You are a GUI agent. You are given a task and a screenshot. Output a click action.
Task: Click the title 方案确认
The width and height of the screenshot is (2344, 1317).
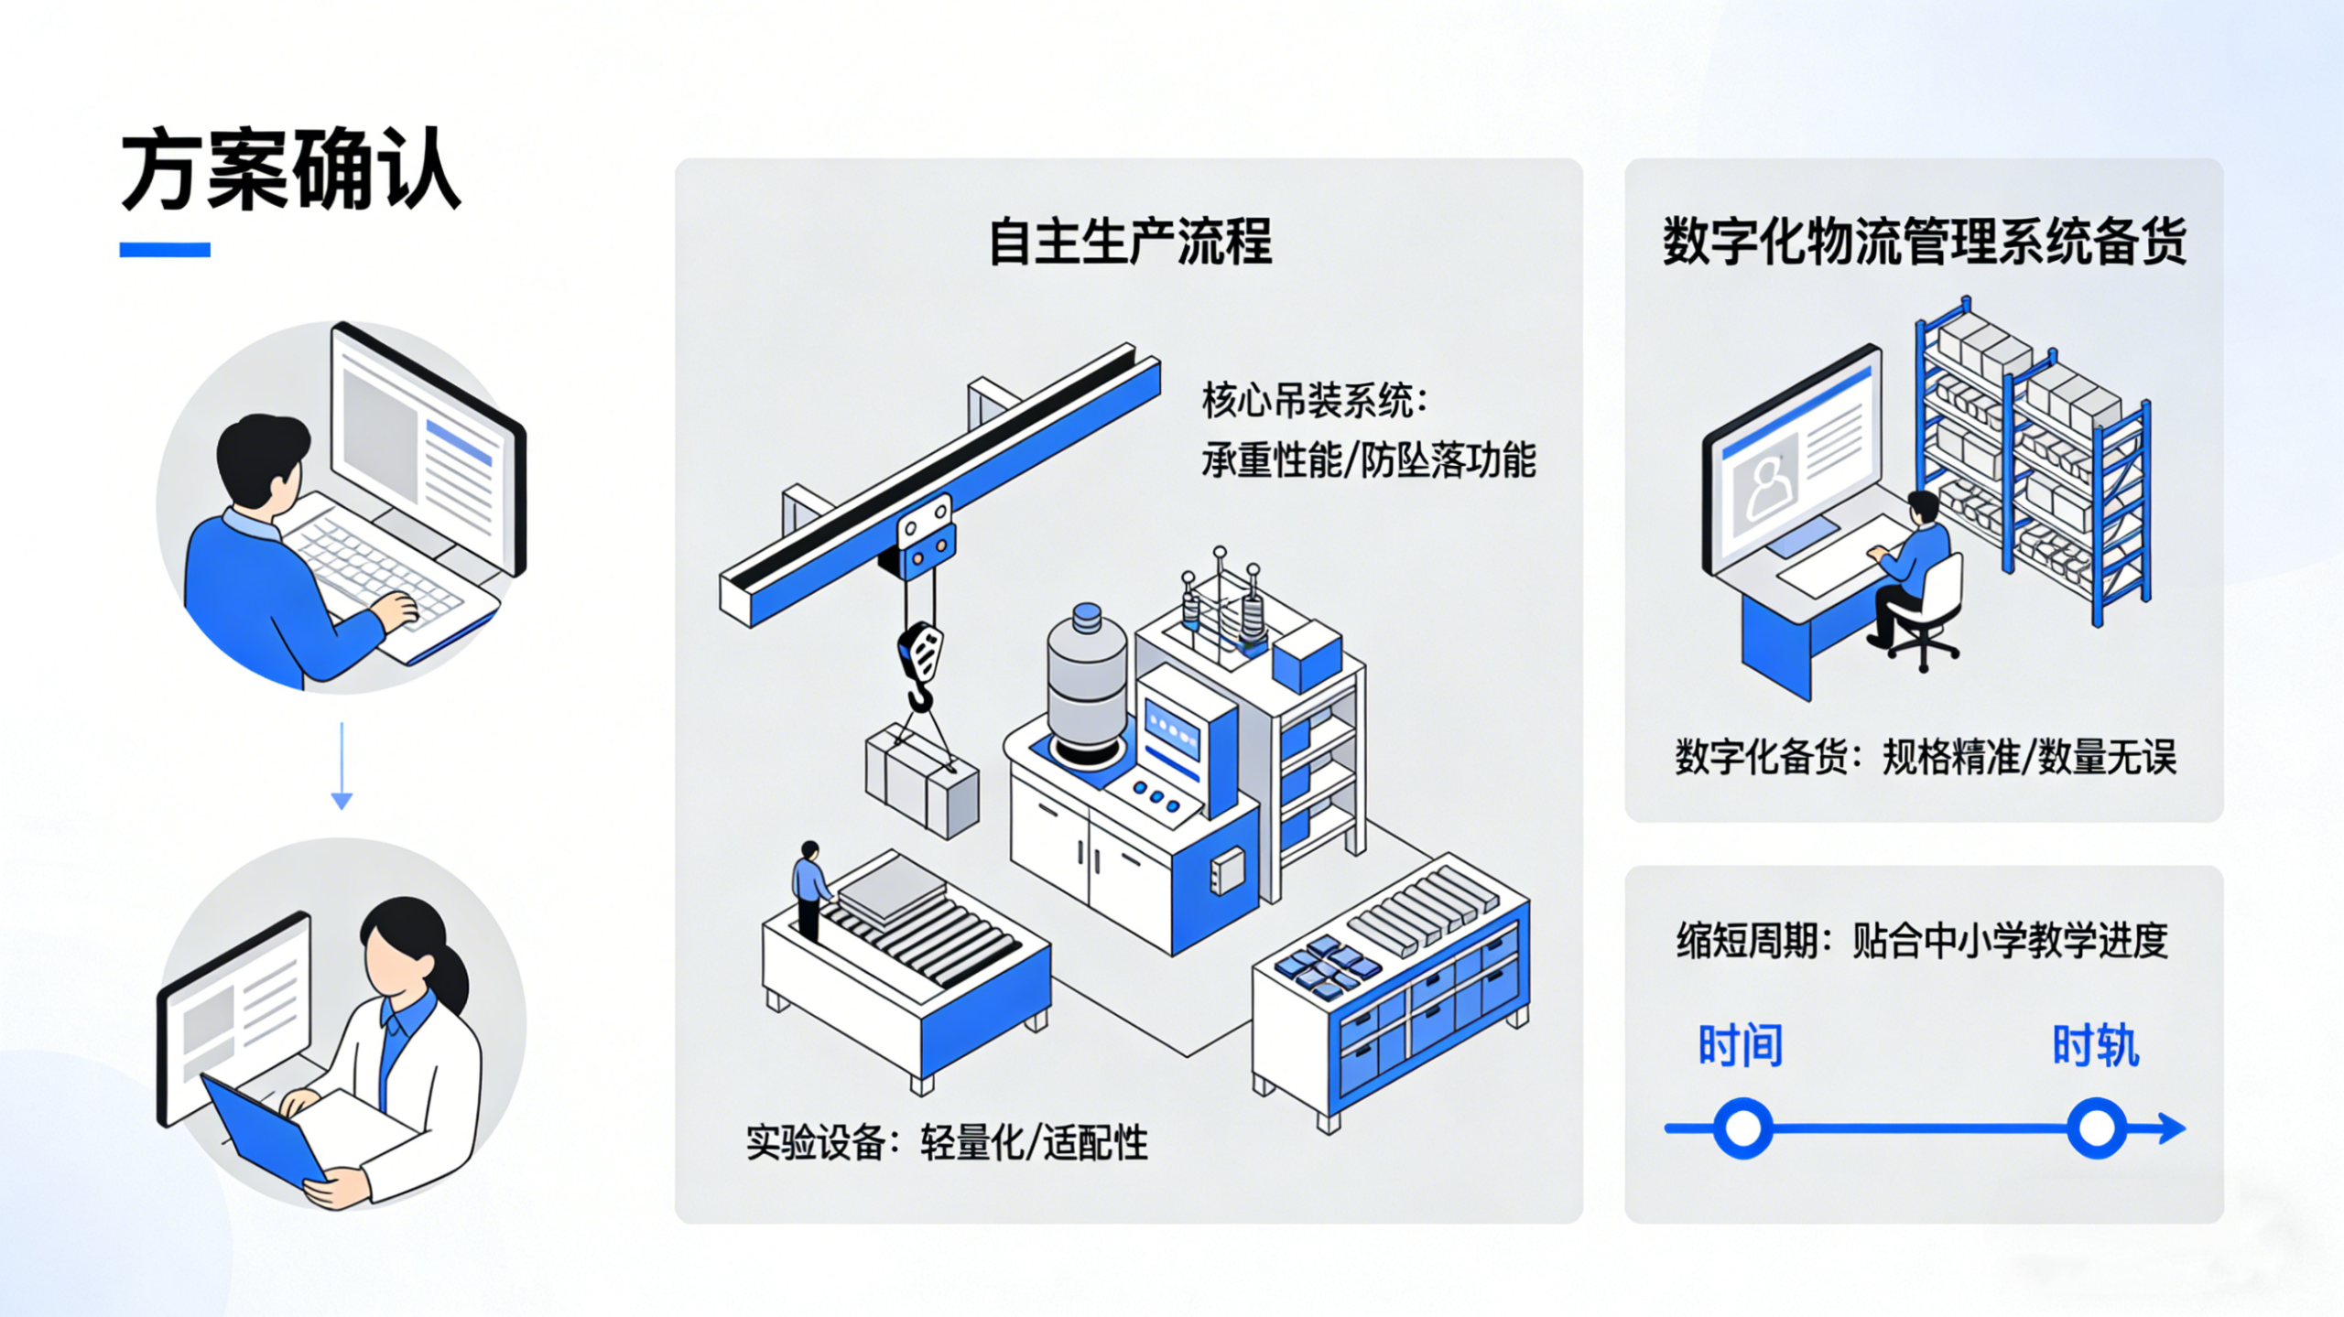(x=290, y=171)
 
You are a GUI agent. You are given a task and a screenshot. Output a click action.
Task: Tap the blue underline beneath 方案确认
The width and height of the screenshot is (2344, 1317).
(x=165, y=250)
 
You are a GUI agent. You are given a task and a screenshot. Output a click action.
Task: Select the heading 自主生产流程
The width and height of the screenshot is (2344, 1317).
(x=1130, y=242)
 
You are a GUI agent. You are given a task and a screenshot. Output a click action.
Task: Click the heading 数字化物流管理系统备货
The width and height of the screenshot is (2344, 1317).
(x=1924, y=242)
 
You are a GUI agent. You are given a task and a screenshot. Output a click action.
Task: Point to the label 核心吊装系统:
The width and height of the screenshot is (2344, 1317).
(x=1314, y=401)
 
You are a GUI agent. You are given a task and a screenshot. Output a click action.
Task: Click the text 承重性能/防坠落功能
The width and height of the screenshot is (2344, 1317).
(x=1368, y=460)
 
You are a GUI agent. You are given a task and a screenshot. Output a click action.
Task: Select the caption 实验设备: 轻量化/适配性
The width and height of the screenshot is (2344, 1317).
(x=946, y=1142)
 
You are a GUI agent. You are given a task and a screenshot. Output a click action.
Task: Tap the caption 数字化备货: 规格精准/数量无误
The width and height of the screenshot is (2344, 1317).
(x=1925, y=758)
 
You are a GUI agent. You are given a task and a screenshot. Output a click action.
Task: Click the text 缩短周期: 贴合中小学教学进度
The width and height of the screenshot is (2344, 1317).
(x=1922, y=940)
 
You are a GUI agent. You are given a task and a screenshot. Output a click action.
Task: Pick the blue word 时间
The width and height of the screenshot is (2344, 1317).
(x=1740, y=1045)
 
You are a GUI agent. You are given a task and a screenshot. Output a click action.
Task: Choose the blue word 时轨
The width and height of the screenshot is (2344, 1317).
(x=2095, y=1045)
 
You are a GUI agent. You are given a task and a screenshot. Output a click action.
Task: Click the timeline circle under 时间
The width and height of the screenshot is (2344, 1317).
(x=1742, y=1128)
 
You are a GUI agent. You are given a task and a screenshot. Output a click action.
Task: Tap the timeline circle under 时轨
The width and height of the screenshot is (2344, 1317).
(x=2096, y=1128)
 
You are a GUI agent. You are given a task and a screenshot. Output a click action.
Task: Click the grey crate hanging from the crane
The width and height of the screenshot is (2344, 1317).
(x=922, y=783)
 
